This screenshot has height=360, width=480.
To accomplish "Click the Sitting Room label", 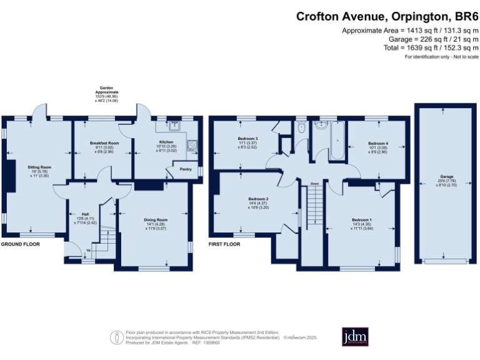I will [x=39, y=167].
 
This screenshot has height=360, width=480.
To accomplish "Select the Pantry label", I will [x=185, y=169].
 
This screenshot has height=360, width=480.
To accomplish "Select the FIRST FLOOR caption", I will [x=224, y=244].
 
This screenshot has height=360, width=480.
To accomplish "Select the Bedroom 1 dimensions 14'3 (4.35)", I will [x=361, y=224].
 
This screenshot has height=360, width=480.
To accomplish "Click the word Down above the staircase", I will [x=315, y=184].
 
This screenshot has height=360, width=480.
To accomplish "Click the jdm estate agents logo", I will [x=356, y=336].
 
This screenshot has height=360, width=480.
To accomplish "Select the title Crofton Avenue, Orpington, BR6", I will [x=387, y=17].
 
